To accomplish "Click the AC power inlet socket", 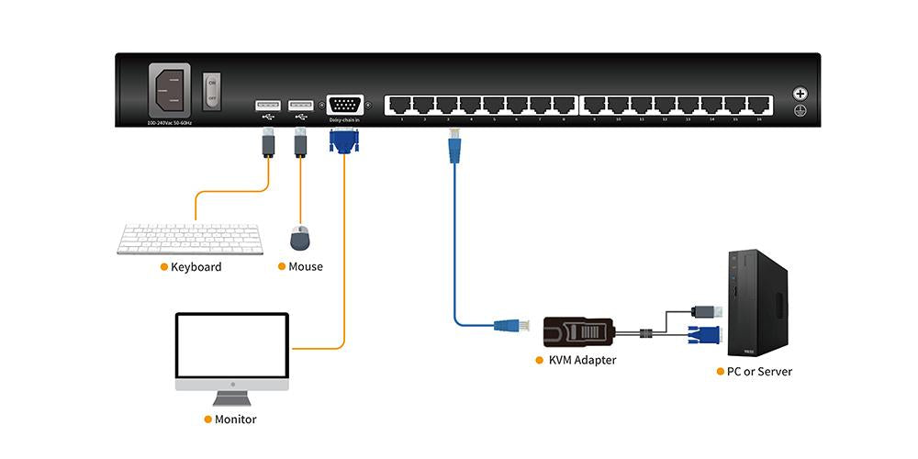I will [x=169, y=91].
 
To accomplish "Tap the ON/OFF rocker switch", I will [x=211, y=89].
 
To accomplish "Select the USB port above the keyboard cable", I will [x=267, y=105].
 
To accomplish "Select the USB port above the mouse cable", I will [x=299, y=105].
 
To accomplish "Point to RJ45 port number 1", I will [x=401, y=105].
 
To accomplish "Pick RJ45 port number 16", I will [x=759, y=105].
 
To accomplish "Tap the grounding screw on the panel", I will [x=800, y=94].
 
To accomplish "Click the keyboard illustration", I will [x=190, y=239].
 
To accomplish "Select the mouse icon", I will [x=299, y=239].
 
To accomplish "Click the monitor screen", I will [x=232, y=347].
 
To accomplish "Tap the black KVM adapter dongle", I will [x=575, y=329].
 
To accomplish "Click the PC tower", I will [x=757, y=303].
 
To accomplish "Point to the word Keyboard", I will [x=196, y=267].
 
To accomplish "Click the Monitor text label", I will [x=235, y=420].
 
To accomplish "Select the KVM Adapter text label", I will [x=582, y=361].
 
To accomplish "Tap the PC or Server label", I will [x=758, y=372].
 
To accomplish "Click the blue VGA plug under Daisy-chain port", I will [x=344, y=140].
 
